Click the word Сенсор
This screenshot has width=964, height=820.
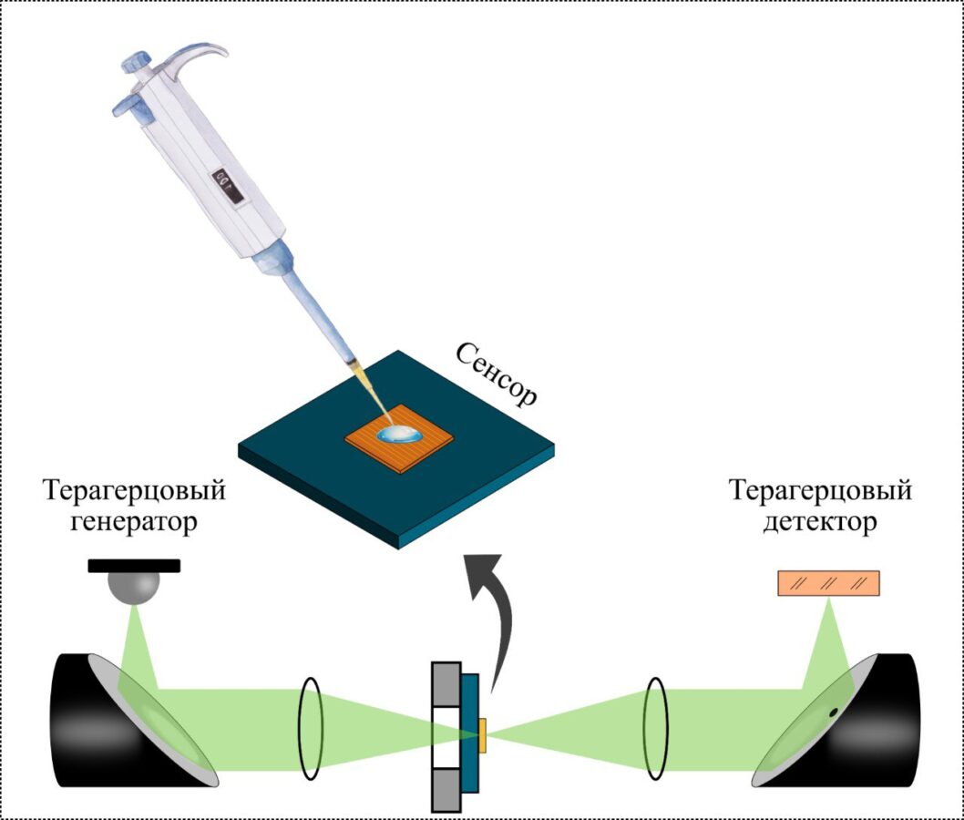point(497,374)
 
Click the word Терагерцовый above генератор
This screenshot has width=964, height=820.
point(134,492)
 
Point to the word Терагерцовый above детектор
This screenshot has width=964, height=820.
point(820,492)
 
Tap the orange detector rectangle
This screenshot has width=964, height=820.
point(828,583)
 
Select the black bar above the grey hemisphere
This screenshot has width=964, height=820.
point(134,565)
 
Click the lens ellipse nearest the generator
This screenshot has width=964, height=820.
point(311,728)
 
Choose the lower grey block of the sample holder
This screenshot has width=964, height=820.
point(446,787)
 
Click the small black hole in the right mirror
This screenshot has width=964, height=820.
point(832,711)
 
